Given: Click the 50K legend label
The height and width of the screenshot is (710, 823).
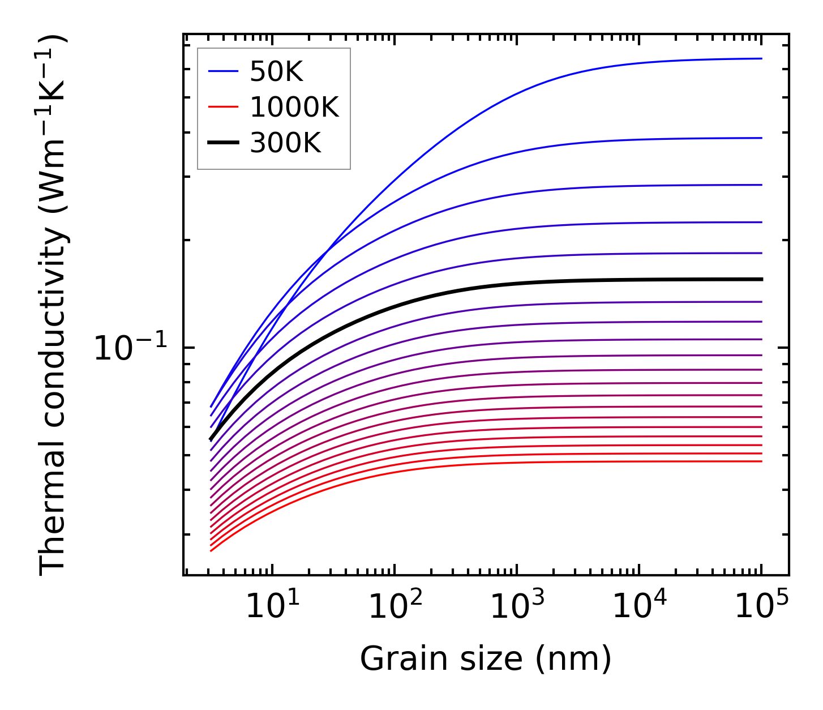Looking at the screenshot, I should click(x=276, y=71).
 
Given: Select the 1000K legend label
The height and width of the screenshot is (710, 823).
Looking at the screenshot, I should click(x=294, y=107).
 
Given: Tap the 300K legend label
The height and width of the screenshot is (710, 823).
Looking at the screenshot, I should click(x=285, y=143).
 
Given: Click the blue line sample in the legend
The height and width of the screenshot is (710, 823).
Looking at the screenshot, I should click(x=224, y=71).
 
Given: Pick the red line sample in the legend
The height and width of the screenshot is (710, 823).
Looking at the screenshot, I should click(x=224, y=107).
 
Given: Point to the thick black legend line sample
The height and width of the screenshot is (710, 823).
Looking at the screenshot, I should click(x=224, y=143).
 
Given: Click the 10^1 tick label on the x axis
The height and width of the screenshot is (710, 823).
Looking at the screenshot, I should click(x=272, y=608).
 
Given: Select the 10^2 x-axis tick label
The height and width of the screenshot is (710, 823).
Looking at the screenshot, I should click(x=395, y=608).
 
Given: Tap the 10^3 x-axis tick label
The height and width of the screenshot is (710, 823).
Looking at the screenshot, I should click(x=517, y=608).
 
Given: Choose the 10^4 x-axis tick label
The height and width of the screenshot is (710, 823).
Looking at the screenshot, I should click(x=639, y=608).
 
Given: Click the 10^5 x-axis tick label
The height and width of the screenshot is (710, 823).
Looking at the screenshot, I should click(x=761, y=608).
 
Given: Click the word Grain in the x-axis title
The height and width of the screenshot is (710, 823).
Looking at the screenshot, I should click(x=391, y=659).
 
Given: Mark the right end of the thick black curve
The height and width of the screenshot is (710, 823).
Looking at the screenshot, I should click(x=762, y=279).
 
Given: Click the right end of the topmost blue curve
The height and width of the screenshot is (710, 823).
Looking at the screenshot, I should click(x=762, y=58).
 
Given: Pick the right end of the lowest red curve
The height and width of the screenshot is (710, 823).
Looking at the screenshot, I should click(x=762, y=461).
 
